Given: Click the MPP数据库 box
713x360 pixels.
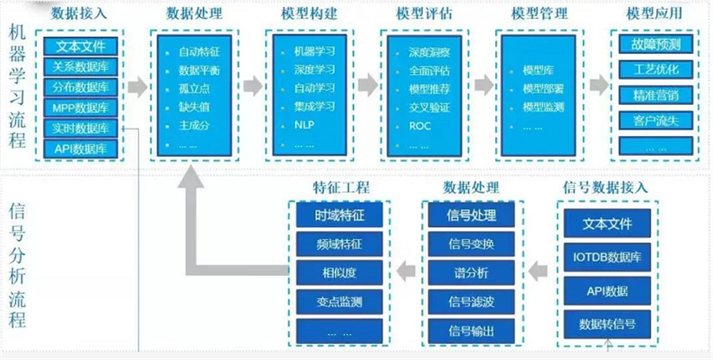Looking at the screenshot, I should [81, 107].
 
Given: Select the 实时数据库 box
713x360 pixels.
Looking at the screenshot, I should [81, 128].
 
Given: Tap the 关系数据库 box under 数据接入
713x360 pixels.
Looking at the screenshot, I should [81, 68].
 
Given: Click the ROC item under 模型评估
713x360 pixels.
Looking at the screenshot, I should [419, 125].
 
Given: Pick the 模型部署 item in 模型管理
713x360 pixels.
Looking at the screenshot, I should [537, 88].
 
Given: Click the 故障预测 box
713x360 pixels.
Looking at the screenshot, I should [656, 44].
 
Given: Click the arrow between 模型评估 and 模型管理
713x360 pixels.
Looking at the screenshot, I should [482, 85].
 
